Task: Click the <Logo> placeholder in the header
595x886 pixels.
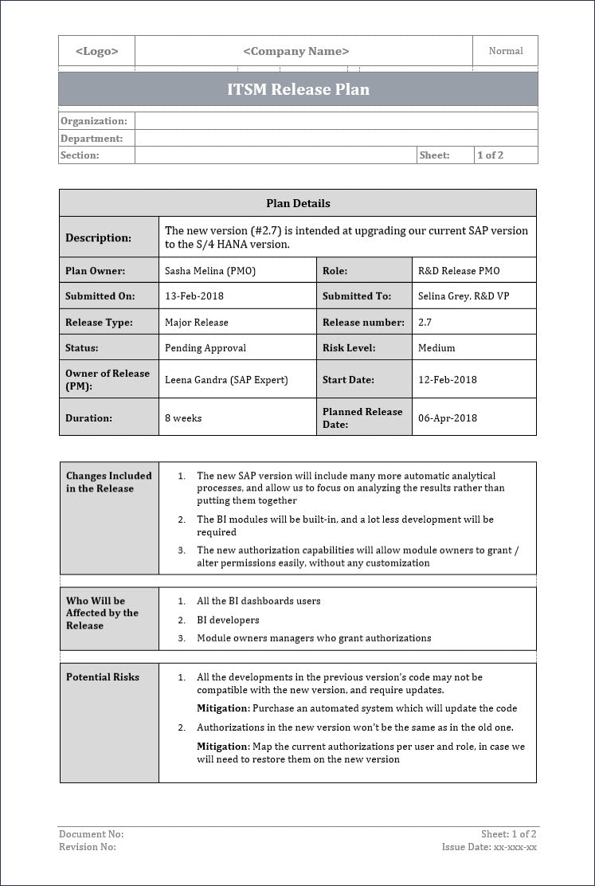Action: pyautogui.click(x=96, y=51)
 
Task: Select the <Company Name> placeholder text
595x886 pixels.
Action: pyautogui.click(x=296, y=51)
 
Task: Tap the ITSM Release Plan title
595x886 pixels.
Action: pyautogui.click(x=298, y=89)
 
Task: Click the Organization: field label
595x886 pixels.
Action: pyautogui.click(x=94, y=121)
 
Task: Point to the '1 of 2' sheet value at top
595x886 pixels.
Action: pyautogui.click(x=490, y=155)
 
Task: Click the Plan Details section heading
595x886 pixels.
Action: pyautogui.click(x=298, y=203)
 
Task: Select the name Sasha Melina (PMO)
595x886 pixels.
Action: pyautogui.click(x=210, y=271)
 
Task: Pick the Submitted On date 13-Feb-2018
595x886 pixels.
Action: pyautogui.click(x=194, y=296)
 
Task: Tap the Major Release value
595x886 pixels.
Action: pyautogui.click(x=197, y=323)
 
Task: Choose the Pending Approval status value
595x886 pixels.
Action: pyautogui.click(x=206, y=348)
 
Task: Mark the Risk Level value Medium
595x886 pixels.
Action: pyautogui.click(x=436, y=348)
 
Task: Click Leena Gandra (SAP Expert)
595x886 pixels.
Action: pyautogui.click(x=226, y=380)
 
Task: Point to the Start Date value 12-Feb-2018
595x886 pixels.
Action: pyautogui.click(x=448, y=380)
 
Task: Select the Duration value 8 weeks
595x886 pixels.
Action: pyautogui.click(x=183, y=418)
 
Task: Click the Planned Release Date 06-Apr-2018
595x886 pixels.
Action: pyautogui.click(x=448, y=418)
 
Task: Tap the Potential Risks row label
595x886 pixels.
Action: pyautogui.click(x=103, y=677)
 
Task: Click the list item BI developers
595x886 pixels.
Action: pyautogui.click(x=228, y=620)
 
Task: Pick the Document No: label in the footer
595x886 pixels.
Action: pyautogui.click(x=92, y=834)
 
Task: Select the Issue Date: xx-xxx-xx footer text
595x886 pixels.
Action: pyautogui.click(x=489, y=847)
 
